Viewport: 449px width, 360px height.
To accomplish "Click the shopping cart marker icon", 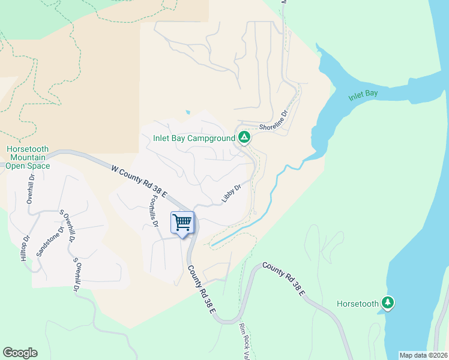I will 182,222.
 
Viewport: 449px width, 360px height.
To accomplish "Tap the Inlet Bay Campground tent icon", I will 244,138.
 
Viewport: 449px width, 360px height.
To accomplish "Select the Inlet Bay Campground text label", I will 194,138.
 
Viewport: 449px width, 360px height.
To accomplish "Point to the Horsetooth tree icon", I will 388,303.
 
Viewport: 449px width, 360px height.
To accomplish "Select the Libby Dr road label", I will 231,193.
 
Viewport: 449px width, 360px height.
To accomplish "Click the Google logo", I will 20,353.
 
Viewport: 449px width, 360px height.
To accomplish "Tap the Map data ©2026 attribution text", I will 424,355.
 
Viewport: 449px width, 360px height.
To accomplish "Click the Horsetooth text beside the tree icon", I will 358,304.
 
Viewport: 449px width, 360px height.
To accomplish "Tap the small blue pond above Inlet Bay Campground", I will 188,112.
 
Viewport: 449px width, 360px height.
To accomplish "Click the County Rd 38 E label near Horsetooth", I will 285,280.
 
